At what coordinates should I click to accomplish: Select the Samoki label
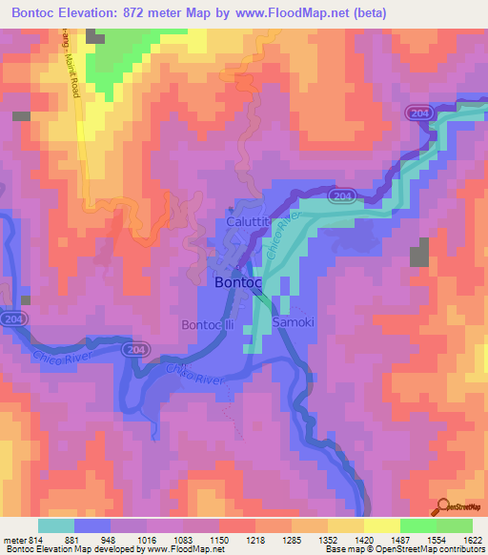294,323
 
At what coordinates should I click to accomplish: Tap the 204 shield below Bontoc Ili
133,351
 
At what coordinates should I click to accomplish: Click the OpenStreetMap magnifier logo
442,507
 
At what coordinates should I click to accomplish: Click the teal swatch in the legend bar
56,525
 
